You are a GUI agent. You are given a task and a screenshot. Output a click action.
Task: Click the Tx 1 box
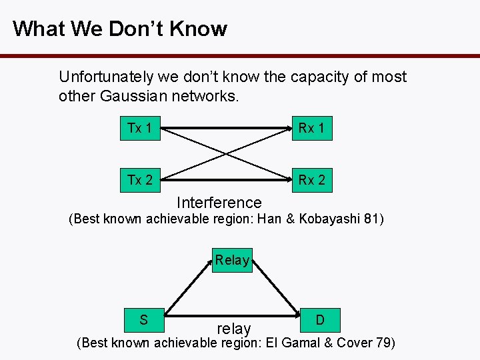click(139, 128)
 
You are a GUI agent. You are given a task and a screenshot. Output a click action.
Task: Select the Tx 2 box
click(139, 180)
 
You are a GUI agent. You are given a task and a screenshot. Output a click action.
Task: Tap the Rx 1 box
click(311, 128)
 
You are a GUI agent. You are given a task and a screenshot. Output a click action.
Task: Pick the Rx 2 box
click(311, 180)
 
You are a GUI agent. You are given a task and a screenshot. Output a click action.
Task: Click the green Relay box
click(232, 260)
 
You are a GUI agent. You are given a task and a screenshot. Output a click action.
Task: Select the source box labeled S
click(144, 320)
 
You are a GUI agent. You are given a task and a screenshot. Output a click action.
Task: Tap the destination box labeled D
click(320, 320)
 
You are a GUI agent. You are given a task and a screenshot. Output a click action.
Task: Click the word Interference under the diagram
click(219, 203)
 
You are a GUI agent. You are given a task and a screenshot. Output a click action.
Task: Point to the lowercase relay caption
click(234, 329)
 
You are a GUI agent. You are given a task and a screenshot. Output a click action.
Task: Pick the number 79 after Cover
click(385, 343)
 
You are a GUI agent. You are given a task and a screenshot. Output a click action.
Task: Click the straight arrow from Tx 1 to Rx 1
click(227, 128)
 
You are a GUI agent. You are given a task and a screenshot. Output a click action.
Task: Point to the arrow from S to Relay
click(188, 287)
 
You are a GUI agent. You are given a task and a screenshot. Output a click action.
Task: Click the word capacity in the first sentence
click(320, 77)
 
